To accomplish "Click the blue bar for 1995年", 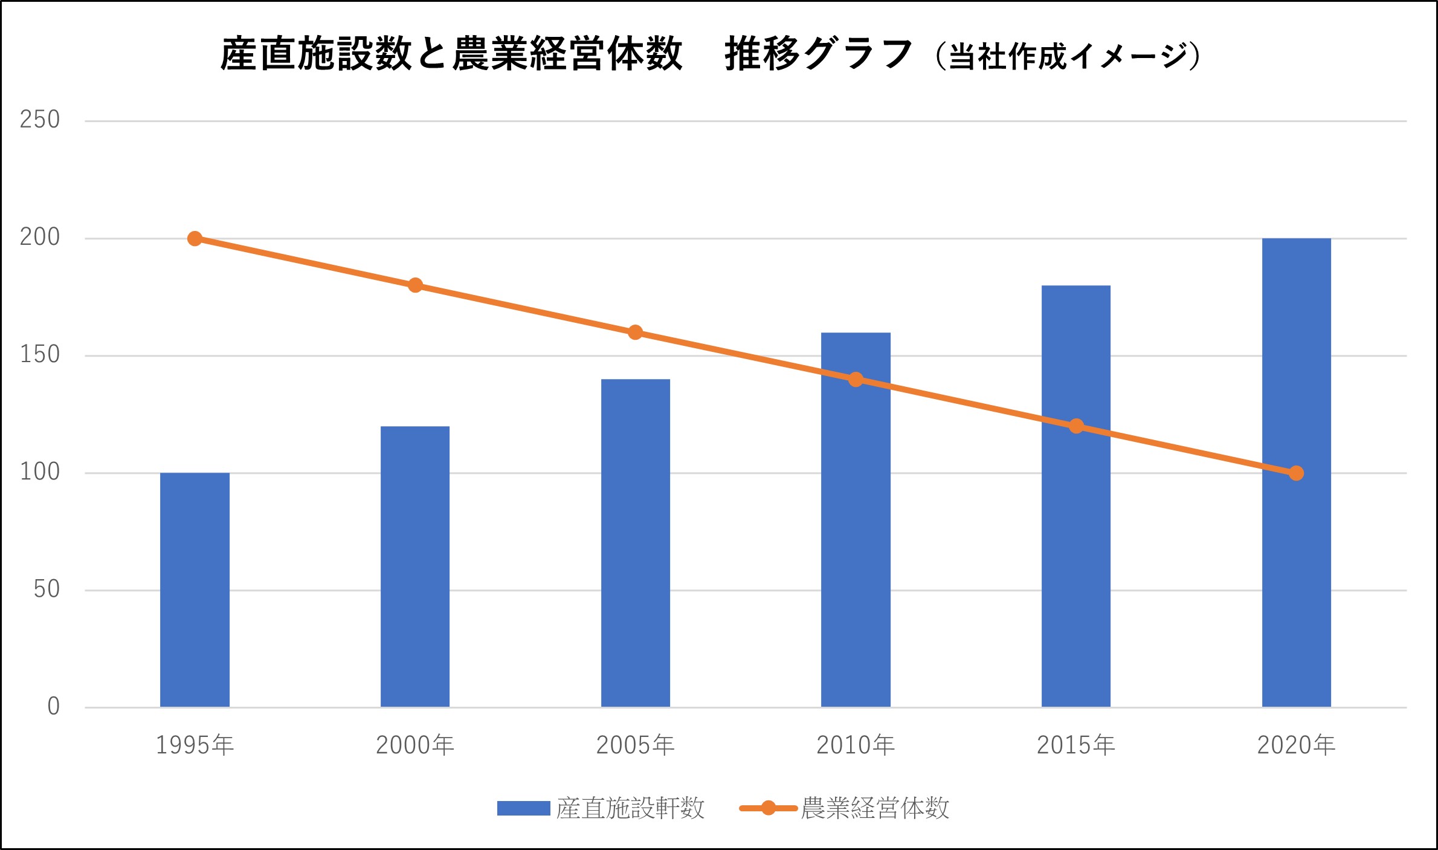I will pos(195,589).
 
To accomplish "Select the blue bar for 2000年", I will pos(415,566).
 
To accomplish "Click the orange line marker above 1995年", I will pos(195,239).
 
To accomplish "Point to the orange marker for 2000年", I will pos(415,285).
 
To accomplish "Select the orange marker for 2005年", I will pos(635,333).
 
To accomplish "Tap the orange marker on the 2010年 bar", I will pos(856,380).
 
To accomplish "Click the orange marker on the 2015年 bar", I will pos(1076,426).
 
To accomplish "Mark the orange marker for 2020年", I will pos(1296,473).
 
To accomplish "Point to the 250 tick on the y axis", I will pos(40,120).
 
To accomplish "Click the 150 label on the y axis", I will pos(40,355).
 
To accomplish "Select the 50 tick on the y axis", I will pos(47,589).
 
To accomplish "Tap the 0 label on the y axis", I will pos(54,706).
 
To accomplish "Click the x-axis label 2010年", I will pos(856,745).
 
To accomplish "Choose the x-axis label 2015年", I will pos(1076,745).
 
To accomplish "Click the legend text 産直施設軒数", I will pos(630,808).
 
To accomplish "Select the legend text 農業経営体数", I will pos(875,808).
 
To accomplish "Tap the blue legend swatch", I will pos(523,808).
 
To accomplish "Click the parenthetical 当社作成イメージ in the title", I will pos(1067,56).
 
